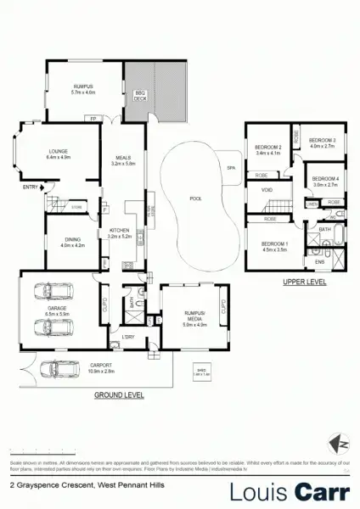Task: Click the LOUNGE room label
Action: tap(59, 154)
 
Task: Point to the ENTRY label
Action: tap(30, 187)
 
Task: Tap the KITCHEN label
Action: tap(118, 232)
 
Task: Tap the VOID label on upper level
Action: tap(267, 191)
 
